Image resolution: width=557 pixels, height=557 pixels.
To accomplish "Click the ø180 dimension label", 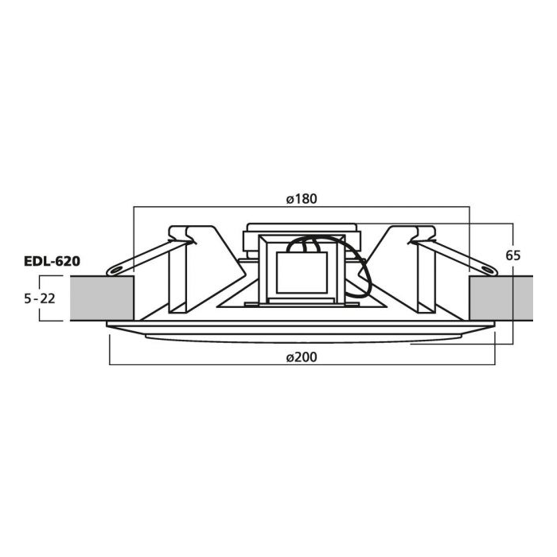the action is click(302, 199).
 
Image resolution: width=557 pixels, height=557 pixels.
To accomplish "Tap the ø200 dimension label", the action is click(302, 357).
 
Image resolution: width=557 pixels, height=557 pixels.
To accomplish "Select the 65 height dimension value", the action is click(513, 255).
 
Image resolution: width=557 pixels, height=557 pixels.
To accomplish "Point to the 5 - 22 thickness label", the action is click(40, 298).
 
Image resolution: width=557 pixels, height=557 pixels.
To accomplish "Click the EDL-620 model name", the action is click(52, 262).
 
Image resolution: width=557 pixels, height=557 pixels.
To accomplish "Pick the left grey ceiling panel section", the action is click(102, 298).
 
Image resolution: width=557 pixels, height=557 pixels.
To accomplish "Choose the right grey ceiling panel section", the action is click(501, 298).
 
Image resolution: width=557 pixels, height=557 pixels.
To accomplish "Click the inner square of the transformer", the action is click(302, 273).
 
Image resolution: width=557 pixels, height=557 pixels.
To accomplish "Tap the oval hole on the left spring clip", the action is click(115, 271).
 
